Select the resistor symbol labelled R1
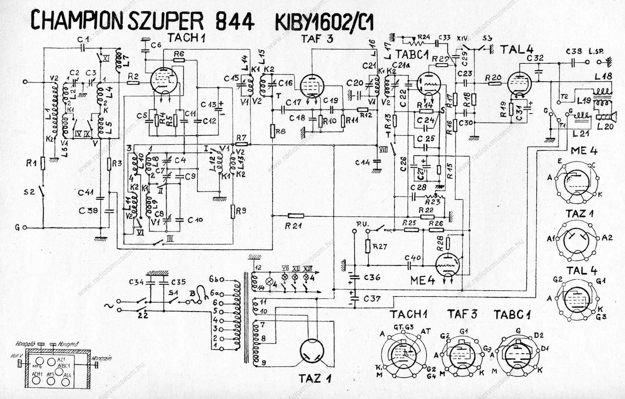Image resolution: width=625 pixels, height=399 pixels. click(43, 163)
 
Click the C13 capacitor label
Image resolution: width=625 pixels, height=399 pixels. click(208, 104)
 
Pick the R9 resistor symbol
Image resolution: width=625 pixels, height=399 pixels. click(233, 212)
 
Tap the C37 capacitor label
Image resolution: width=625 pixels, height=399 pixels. click(372, 299)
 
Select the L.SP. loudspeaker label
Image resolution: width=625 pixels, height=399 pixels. click(596, 52)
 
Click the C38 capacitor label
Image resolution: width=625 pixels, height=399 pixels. click(574, 51)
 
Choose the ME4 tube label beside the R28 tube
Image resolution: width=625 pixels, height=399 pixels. click(422, 280)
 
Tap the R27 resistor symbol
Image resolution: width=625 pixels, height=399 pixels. click(368, 246)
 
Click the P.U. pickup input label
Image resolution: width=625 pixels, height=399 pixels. click(362, 224)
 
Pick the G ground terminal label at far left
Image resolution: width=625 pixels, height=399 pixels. click(17, 227)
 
